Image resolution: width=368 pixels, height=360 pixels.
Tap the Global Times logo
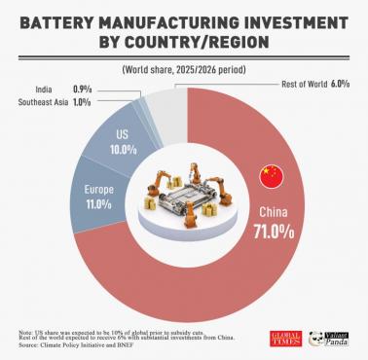click(283, 338)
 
